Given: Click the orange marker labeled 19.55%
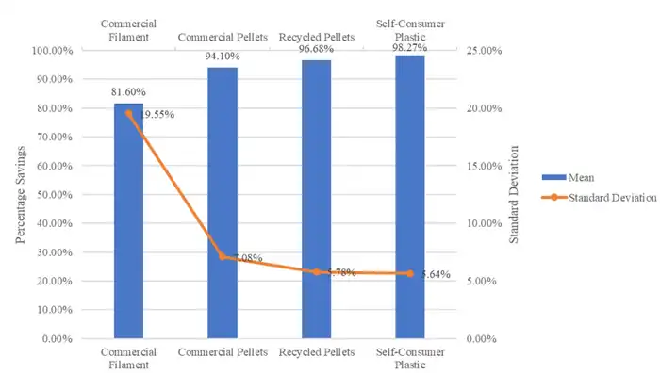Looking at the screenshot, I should (129, 113).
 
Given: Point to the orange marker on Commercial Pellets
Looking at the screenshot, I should (223, 256).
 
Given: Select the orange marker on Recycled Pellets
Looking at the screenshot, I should (316, 271).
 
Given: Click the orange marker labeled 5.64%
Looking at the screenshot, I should (410, 274).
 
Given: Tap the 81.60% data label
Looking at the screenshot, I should (129, 93).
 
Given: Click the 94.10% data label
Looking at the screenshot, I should (223, 57).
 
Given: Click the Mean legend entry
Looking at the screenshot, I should (582, 176).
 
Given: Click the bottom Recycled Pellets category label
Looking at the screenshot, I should (316, 351).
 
